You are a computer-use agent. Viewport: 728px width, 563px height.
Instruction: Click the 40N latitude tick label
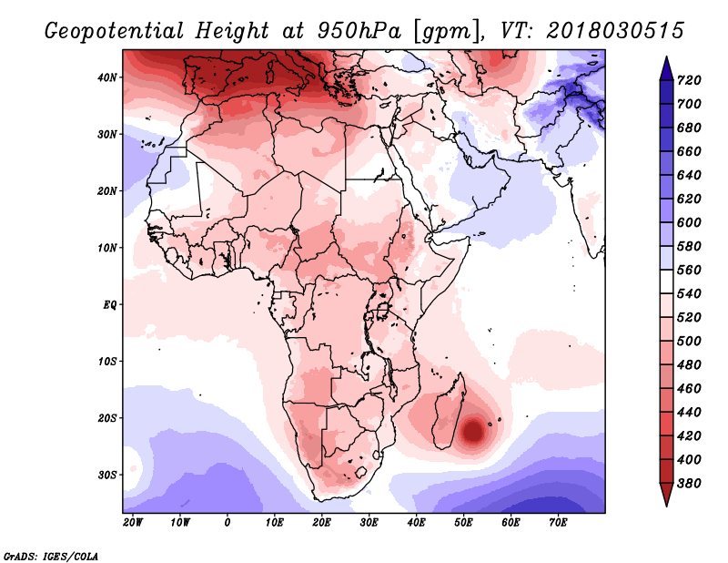coord(107,77)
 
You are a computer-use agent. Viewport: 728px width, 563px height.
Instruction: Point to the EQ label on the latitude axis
coord(109,304)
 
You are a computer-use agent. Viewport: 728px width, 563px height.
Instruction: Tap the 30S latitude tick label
coord(107,475)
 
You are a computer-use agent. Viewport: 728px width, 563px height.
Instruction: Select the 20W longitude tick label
coord(132,523)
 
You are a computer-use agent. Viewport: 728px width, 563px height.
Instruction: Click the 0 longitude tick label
coord(227,523)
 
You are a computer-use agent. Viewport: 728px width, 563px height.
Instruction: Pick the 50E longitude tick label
coord(464,523)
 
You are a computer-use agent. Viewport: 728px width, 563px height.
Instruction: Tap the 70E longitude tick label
coord(559,523)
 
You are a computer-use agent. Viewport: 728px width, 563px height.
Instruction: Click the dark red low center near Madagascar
coord(474,430)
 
